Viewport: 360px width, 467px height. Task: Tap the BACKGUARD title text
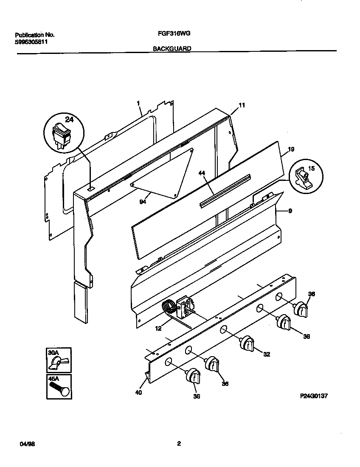[x=172, y=48]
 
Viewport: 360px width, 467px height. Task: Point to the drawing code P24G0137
[x=315, y=396]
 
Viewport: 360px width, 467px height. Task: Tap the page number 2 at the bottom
[x=179, y=444]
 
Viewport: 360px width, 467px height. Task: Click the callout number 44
[x=202, y=173]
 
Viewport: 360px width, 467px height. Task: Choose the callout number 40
[x=138, y=392]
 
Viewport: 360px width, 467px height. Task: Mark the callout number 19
[x=291, y=149]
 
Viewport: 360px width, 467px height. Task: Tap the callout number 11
[x=242, y=105]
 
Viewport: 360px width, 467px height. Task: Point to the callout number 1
[x=138, y=103]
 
